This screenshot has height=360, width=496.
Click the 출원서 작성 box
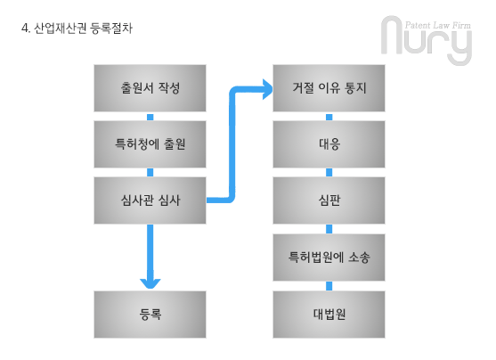[150, 88]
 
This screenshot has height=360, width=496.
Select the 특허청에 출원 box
[150, 144]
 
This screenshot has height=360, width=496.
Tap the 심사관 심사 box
[150, 200]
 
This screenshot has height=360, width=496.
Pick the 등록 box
[150, 315]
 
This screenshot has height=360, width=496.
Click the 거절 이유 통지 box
[329, 88]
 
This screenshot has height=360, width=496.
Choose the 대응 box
[329, 144]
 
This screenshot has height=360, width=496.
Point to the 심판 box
[329, 200]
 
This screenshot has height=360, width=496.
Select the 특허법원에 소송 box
[329, 258]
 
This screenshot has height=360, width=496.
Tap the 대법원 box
[329, 315]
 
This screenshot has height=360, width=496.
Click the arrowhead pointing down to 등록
[150, 283]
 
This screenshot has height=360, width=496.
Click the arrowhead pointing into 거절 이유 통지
[268, 89]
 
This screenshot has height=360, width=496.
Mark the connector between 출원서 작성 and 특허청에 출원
[150, 117]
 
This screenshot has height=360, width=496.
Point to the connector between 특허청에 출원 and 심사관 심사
[150, 173]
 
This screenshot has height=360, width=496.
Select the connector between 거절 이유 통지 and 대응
[329, 117]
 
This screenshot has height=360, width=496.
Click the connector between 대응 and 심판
[329, 173]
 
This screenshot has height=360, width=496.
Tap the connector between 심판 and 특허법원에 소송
[329, 229]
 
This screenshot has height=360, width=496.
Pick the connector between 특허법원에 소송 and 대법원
[329, 286]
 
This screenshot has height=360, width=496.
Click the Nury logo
[427, 40]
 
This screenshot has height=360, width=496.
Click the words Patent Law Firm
[438, 25]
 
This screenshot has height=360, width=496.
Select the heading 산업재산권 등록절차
[83, 29]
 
